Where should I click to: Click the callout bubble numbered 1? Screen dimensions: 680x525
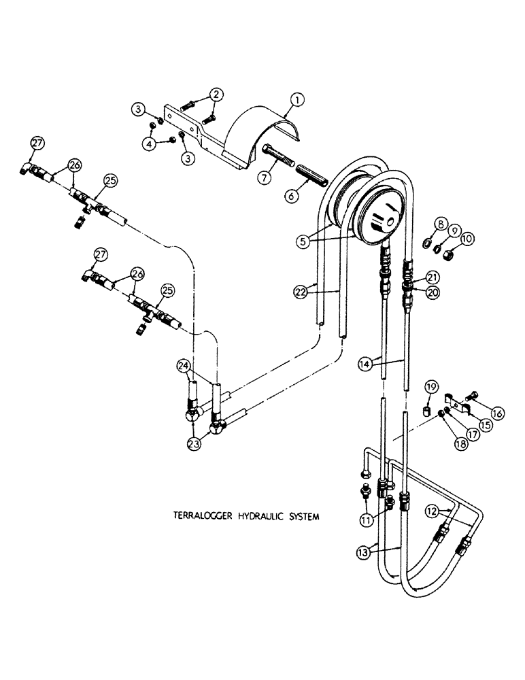coord(297,102)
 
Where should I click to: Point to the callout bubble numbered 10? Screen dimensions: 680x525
coord(468,239)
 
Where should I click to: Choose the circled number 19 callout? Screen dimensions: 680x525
coord(430,389)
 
